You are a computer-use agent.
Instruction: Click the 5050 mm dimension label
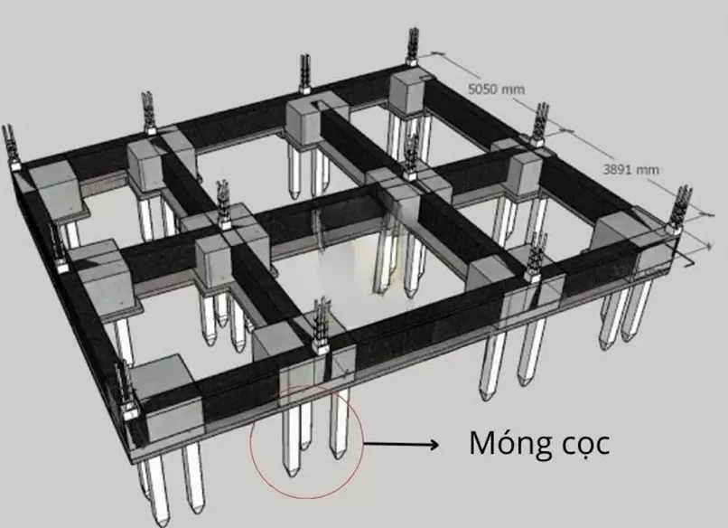(496, 90)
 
